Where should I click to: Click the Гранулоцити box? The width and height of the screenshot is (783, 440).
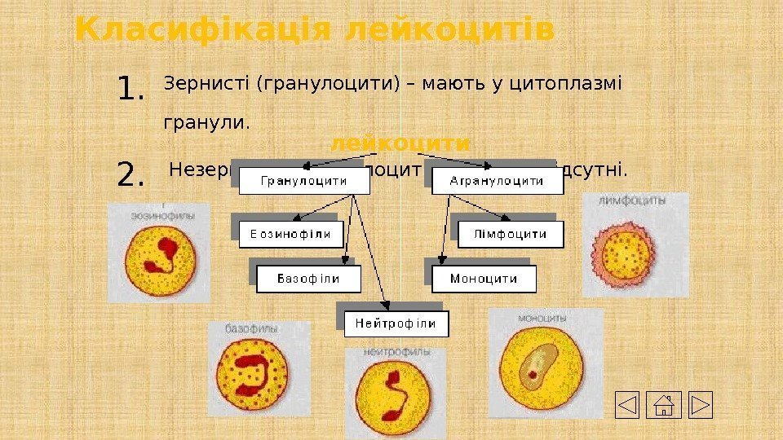pyautogui.click(x=303, y=181)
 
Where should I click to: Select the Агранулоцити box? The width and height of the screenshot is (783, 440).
pyautogui.click(x=497, y=181)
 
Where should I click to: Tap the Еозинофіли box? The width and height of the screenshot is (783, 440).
pyautogui.click(x=290, y=235)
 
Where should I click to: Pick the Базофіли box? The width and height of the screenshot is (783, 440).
pyautogui.click(x=308, y=279)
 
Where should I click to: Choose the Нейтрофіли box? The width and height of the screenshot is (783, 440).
pyautogui.click(x=396, y=323)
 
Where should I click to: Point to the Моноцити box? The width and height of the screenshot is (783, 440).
pyautogui.click(x=484, y=279)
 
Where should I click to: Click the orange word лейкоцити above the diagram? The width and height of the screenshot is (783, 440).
pyautogui.click(x=400, y=143)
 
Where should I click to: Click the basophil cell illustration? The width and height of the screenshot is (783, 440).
pyautogui.click(x=257, y=376)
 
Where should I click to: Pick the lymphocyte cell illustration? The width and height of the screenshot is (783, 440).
pyautogui.click(x=626, y=250)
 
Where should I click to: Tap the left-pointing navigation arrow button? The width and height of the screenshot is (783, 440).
pyautogui.click(x=627, y=405)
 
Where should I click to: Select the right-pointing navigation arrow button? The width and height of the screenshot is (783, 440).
pyautogui.click(x=701, y=405)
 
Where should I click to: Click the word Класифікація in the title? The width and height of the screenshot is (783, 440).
pyautogui.click(x=203, y=31)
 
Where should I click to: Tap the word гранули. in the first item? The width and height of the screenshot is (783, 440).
pyautogui.click(x=196, y=124)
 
